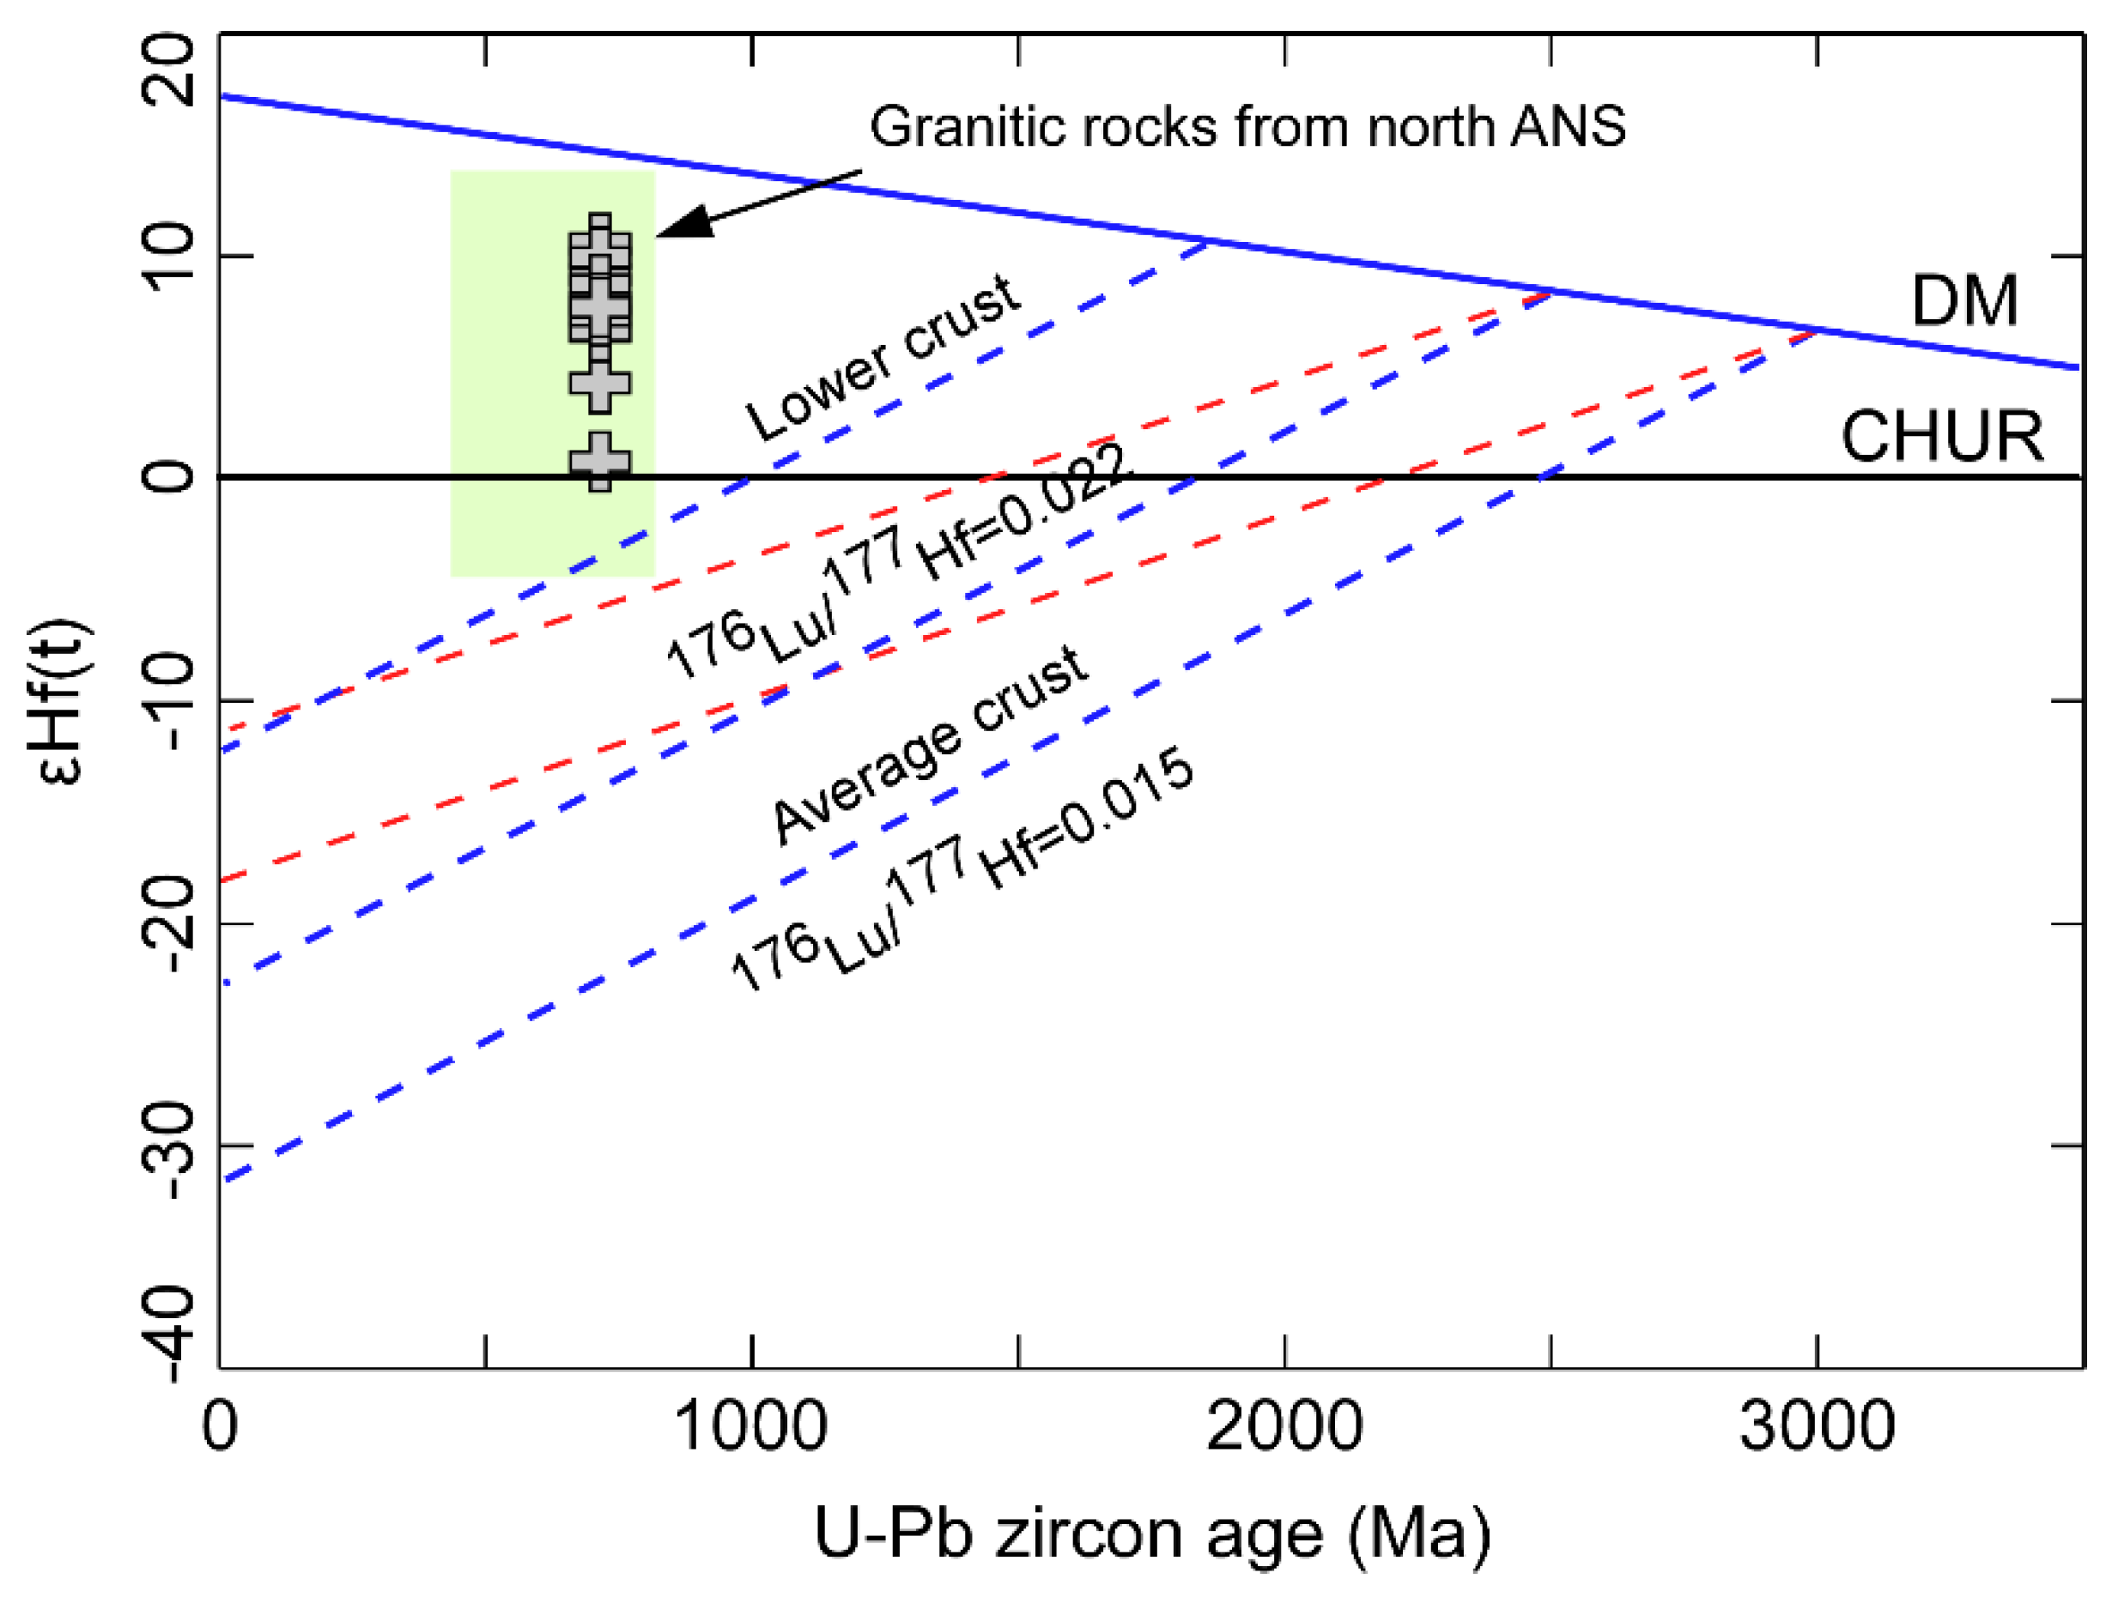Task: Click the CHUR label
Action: (1942, 437)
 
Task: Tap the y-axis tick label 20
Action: (169, 70)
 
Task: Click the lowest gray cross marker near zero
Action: (599, 462)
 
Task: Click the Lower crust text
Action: (884, 357)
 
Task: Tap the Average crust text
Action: (930, 746)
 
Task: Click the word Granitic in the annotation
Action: (964, 127)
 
